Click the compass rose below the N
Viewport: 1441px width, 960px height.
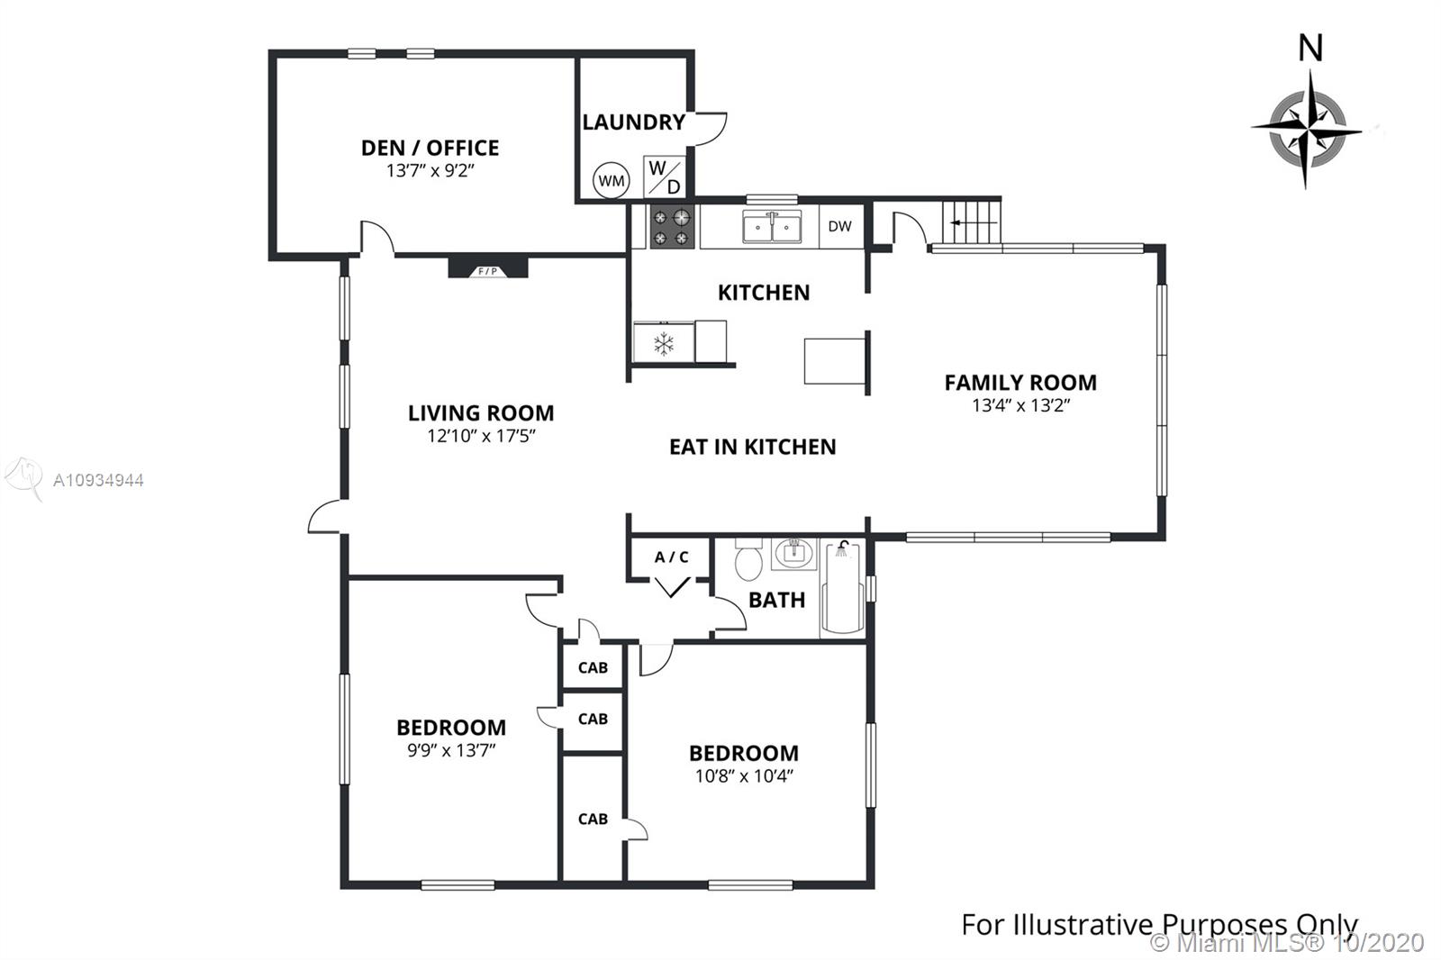click(1307, 130)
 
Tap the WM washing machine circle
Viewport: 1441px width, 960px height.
click(612, 180)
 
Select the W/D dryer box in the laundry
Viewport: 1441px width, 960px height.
click(665, 177)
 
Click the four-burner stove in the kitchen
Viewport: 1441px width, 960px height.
click(672, 227)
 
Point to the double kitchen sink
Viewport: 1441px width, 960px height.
click(772, 226)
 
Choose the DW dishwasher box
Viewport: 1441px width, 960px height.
click(841, 226)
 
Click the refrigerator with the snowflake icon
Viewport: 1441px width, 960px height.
click(664, 342)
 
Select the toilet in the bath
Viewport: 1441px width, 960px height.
click(748, 559)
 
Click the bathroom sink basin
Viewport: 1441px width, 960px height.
click(793, 553)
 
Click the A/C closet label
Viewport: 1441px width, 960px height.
click(672, 557)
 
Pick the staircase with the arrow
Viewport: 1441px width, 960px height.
click(973, 222)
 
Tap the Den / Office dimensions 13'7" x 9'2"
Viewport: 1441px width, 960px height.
click(430, 170)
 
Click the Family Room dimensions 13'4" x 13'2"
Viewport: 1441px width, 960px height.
click(1021, 405)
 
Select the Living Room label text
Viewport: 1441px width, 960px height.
click(481, 413)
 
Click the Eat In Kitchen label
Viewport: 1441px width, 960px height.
click(753, 447)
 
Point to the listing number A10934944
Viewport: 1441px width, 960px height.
click(98, 480)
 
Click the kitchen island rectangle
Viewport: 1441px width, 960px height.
click(835, 361)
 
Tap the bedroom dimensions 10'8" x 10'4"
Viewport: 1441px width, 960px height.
click(744, 776)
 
